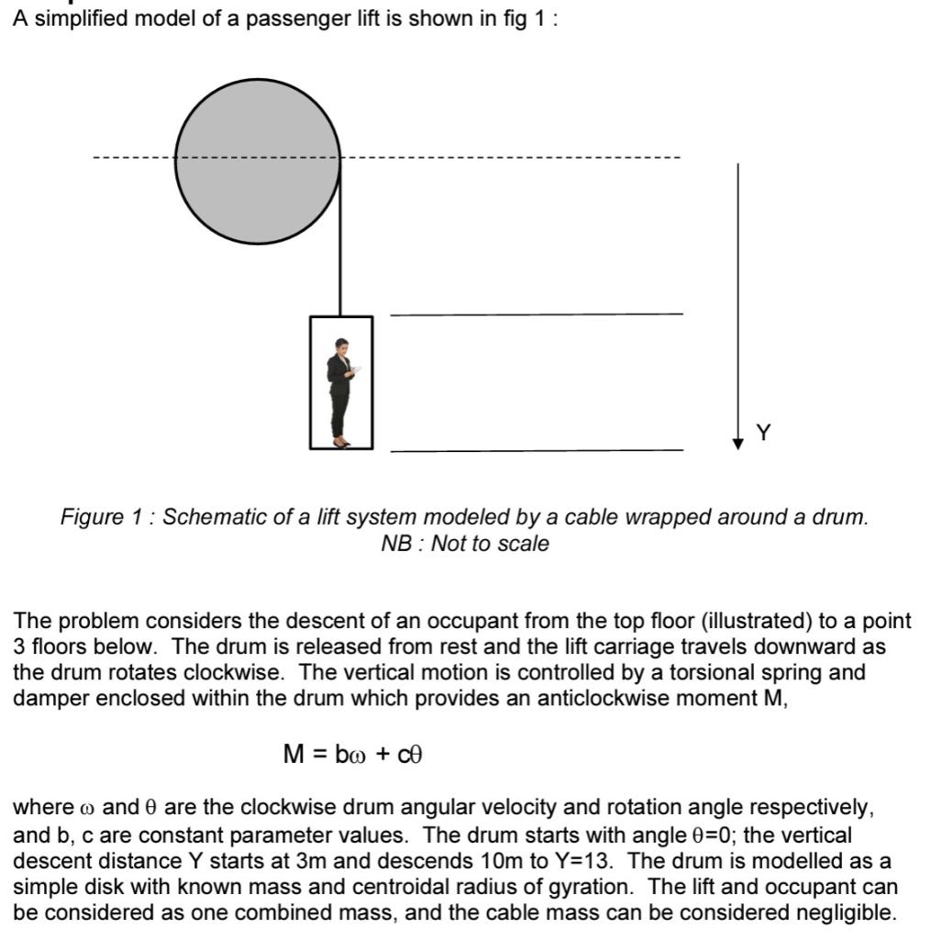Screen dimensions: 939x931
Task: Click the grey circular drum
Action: [258, 156]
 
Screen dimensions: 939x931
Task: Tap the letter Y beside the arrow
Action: [764, 433]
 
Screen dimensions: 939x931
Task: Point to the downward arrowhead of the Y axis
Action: [737, 444]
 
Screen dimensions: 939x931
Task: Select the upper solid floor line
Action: [537, 314]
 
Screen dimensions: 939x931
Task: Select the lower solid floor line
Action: [537, 451]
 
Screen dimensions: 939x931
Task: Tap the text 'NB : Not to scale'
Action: [465, 544]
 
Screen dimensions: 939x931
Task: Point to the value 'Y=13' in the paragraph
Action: [592, 861]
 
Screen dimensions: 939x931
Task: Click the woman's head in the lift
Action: [342, 346]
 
